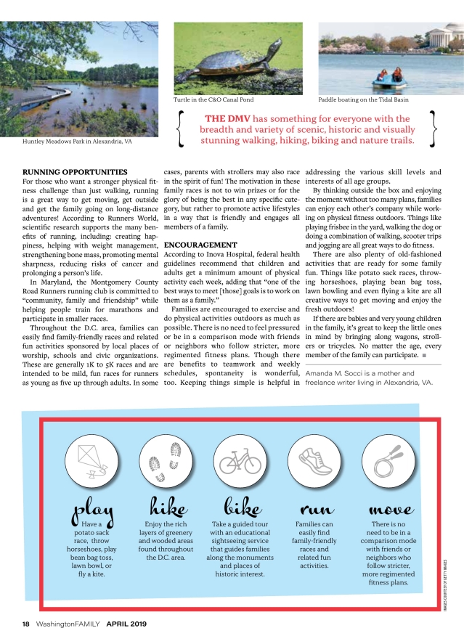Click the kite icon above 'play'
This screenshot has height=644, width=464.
coord(91,461)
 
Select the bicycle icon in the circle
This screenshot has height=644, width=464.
coord(238,461)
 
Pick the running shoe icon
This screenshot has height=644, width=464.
coord(314,461)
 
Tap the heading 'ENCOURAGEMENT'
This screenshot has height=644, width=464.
coord(200,245)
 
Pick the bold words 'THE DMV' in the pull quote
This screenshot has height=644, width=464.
coord(226,118)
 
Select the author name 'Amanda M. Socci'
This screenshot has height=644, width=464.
coord(337,373)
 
